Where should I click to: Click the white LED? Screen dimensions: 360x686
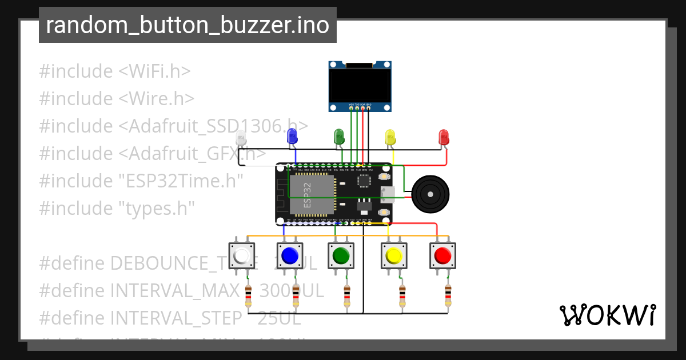(x=241, y=137)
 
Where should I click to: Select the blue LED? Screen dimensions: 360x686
(x=292, y=136)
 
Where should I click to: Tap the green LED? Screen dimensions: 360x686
(x=339, y=136)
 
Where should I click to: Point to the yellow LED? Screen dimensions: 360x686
(x=390, y=137)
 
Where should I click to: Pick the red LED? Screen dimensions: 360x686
(x=444, y=137)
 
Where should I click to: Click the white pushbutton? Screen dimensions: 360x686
(x=241, y=255)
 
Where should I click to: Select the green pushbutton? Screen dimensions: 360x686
(x=341, y=255)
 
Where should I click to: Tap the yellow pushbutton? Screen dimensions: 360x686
(x=394, y=255)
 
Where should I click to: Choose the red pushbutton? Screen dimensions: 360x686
(x=442, y=255)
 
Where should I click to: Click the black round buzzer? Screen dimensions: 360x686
(x=429, y=194)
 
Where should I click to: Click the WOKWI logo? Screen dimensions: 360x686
(x=607, y=315)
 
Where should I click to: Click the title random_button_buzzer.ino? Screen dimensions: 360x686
(x=188, y=25)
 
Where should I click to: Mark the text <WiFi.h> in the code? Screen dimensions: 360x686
(x=154, y=71)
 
